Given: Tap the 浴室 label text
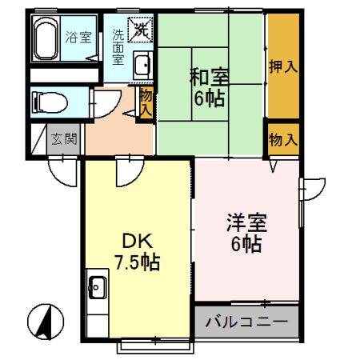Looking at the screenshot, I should point(78,36).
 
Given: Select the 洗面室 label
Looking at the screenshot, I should point(117,46).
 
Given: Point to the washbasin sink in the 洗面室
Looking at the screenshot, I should point(142,65).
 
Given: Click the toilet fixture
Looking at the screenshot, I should point(45,102).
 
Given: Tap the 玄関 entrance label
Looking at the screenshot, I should point(63,138).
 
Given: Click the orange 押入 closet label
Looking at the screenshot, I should point(283,66).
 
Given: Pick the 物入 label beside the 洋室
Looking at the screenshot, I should point(283,139).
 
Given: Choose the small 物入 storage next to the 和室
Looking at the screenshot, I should point(146,103).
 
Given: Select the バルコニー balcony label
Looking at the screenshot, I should point(247,323).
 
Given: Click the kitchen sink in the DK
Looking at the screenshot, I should point(98,285).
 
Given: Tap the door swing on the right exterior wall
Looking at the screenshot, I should point(313,188).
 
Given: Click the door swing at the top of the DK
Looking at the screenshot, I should point(126,169).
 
